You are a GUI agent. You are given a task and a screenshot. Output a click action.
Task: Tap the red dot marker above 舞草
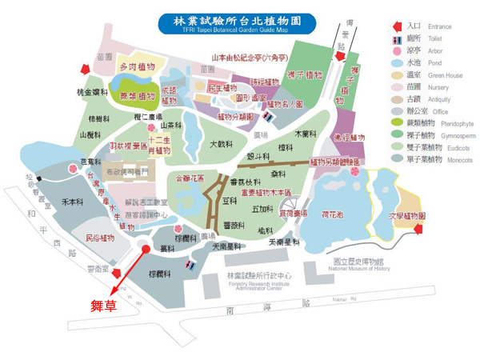coord(146,250)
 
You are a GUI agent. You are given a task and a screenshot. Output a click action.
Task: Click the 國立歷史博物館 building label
coord(358,262)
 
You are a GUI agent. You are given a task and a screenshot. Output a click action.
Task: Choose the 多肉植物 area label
coord(138,67)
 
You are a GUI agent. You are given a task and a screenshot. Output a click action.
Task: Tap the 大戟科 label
coord(220,145)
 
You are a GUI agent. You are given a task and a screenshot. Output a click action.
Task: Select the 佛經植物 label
coord(349,138)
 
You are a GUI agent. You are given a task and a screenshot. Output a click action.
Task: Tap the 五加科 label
coord(262,209)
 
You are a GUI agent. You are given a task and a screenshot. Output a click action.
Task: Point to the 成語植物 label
coord(169,95)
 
